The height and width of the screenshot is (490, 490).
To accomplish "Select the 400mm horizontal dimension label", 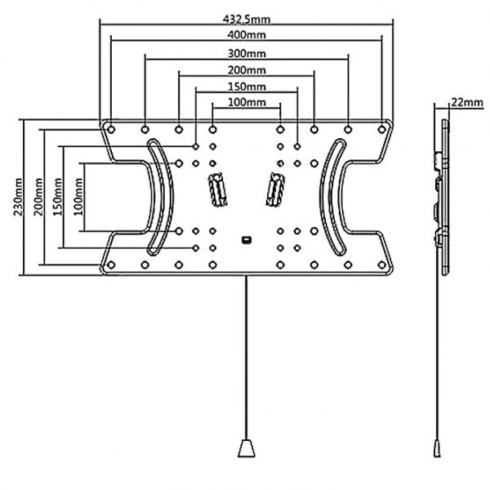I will (247, 35).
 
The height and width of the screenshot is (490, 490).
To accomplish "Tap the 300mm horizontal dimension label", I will (247, 53).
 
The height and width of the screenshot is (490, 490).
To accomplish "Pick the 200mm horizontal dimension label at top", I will (247, 70).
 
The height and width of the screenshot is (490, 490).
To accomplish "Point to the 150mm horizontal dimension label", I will (247, 87).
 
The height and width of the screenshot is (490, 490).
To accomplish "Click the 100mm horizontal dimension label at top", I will (247, 102).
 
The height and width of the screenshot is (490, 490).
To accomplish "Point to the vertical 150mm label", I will (56, 197).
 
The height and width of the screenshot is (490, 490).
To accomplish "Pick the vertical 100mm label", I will (77, 197).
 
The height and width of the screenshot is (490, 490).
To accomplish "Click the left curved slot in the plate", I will (157, 196).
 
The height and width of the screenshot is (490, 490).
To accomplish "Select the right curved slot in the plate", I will (334, 196).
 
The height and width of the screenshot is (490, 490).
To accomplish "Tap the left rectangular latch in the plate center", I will (217, 192).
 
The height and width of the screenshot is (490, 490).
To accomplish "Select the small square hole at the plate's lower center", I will (246, 239).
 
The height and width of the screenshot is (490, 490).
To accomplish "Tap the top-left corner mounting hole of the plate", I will (112, 128).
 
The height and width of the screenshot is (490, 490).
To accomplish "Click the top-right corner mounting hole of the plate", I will (381, 128).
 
